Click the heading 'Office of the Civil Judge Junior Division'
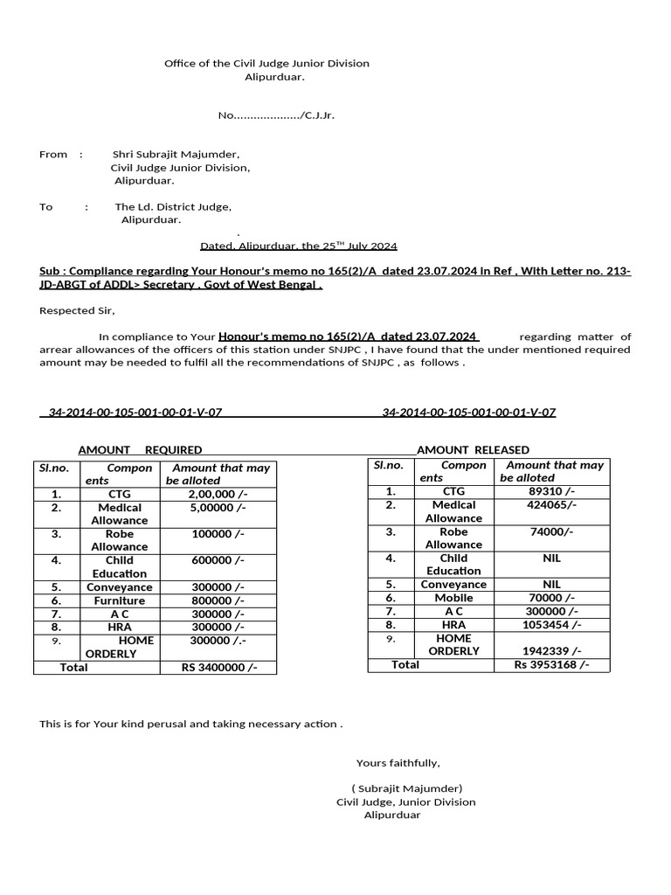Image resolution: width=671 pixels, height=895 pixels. tap(266, 64)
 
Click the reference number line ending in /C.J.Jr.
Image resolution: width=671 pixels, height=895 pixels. tap(276, 115)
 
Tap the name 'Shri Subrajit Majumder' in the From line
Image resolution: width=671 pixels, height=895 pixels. tap(176, 155)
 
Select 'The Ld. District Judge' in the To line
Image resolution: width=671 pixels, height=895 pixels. tap(173, 207)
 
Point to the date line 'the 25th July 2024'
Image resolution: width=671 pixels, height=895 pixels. tap(299, 246)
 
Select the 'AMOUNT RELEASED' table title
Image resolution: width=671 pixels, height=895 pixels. tap(473, 450)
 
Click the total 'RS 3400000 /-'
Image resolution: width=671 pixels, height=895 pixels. tap(218, 668)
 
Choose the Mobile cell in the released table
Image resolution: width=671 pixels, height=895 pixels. tap(453, 598)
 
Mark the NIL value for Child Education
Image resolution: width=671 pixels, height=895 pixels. tap(551, 558)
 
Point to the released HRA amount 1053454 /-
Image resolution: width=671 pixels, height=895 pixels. tap(551, 625)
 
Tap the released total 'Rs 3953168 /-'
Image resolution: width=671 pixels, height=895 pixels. tap(551, 664)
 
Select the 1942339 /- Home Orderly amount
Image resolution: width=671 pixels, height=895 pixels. tap(551, 651)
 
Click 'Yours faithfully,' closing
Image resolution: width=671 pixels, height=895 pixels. tap(398, 763)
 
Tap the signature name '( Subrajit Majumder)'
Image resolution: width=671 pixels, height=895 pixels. tap(406, 788)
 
